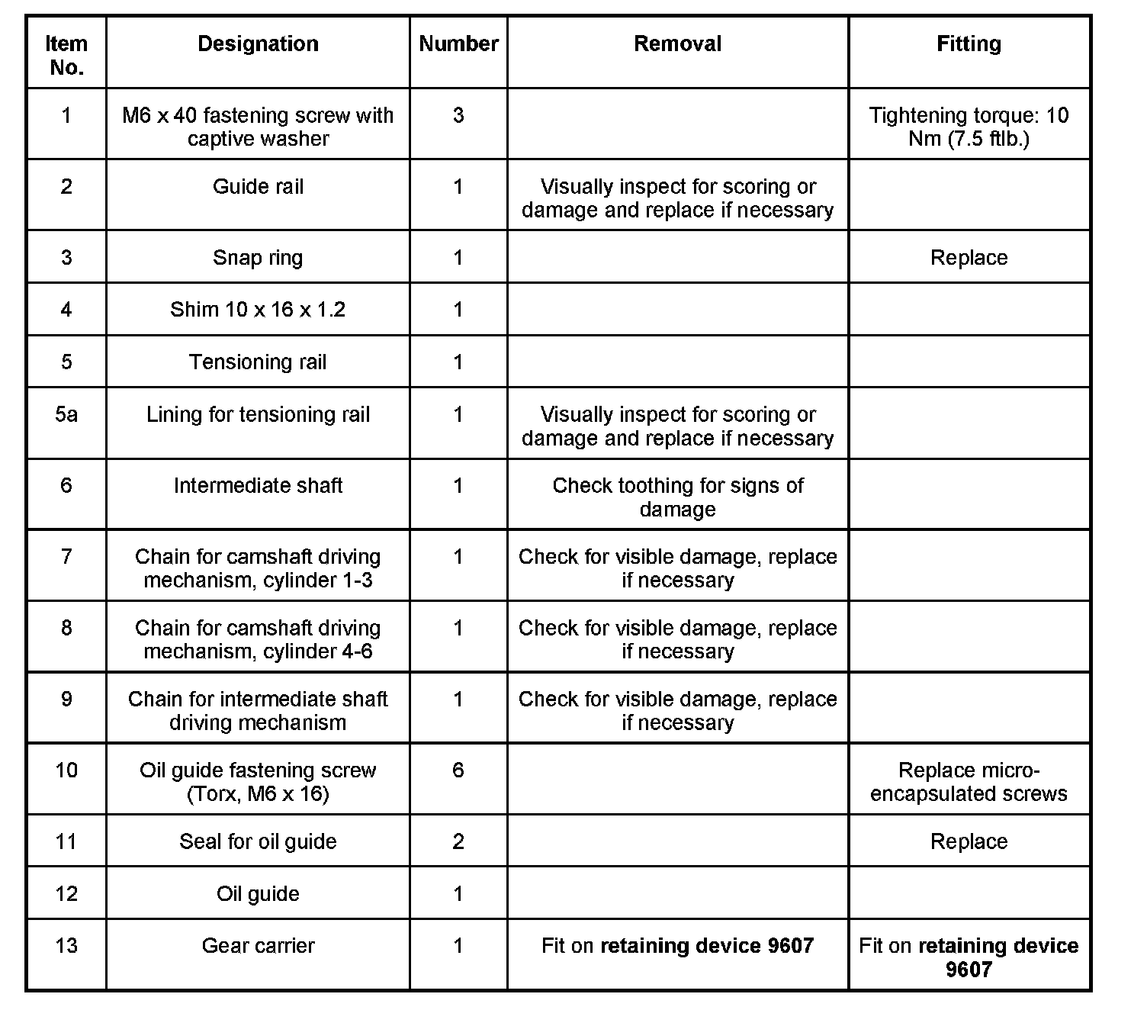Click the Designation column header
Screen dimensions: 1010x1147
[x=258, y=44]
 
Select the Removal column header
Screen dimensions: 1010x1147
[x=677, y=44]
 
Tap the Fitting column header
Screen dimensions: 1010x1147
[x=969, y=44]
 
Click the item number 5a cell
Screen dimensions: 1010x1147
[x=66, y=415]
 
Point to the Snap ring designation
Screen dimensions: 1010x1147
[x=258, y=258]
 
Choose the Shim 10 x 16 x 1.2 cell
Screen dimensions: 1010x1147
[x=258, y=310]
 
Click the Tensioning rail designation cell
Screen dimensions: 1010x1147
[x=258, y=362]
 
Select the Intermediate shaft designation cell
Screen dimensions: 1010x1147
[x=258, y=486]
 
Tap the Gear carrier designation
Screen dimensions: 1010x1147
[x=258, y=946]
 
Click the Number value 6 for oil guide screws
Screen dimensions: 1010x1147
[x=458, y=770]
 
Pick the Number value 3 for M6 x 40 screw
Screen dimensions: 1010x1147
[x=458, y=116]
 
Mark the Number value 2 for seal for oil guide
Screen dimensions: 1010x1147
[x=458, y=841]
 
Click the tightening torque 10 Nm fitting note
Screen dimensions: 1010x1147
[x=969, y=127]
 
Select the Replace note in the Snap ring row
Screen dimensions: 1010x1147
[x=969, y=258]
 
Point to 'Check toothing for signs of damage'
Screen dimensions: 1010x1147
[x=677, y=497]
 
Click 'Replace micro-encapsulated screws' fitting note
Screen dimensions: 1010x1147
[x=969, y=782]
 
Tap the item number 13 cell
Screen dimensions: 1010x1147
[x=66, y=946]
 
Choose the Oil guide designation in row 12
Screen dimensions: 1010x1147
[x=258, y=894]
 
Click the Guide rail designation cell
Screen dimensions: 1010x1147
[x=258, y=187]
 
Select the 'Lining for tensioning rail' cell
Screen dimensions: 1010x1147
[x=258, y=415]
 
